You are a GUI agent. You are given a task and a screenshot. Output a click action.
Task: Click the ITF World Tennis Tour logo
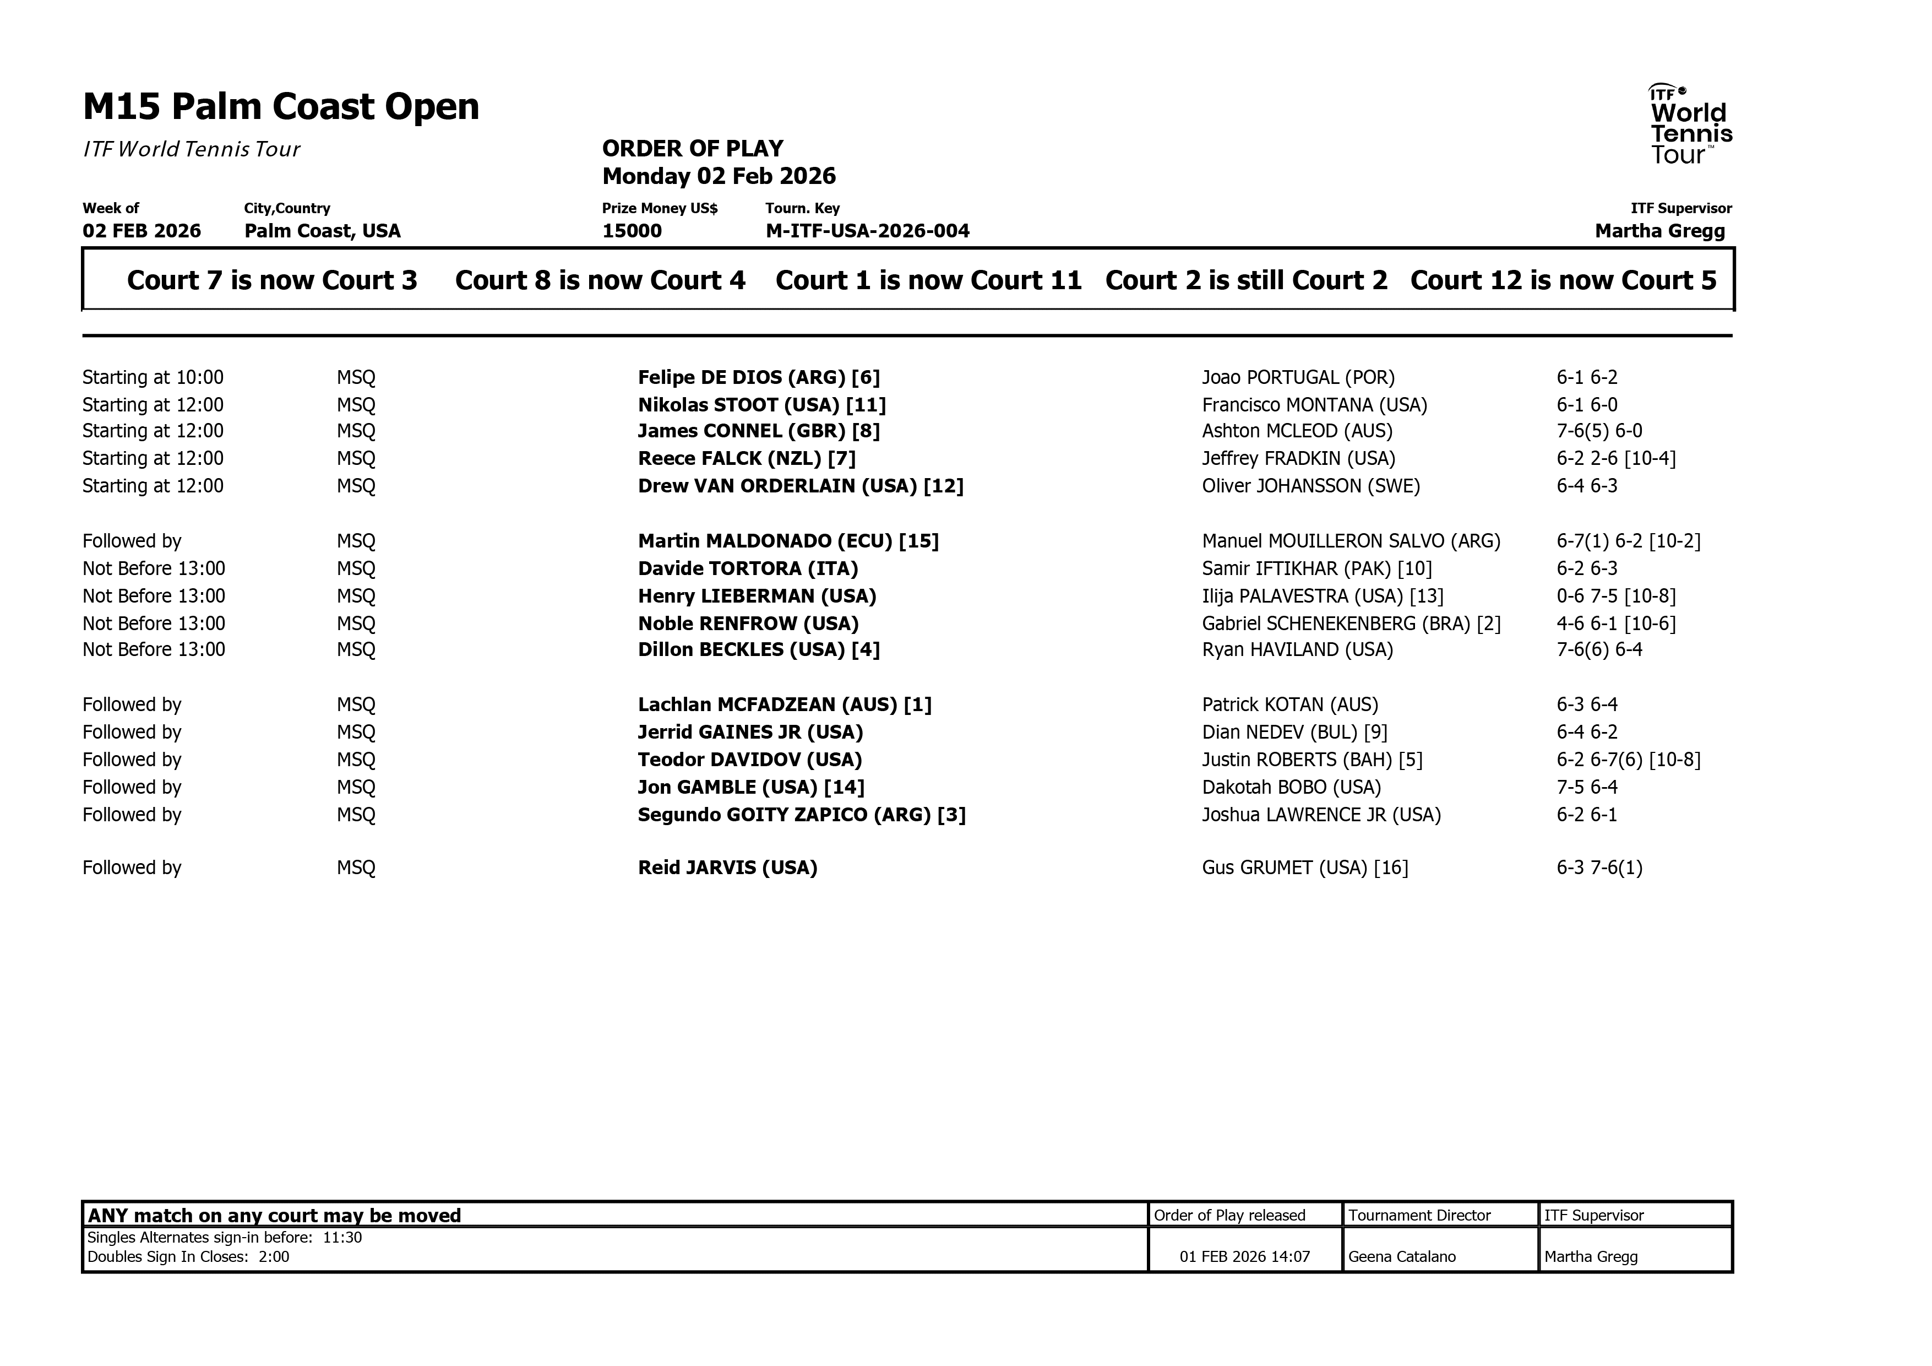pyautogui.click(x=1690, y=124)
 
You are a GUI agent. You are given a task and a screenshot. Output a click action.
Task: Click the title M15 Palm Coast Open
pyautogui.click(x=281, y=107)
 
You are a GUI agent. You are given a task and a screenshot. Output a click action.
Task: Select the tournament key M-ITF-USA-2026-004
pyautogui.click(x=868, y=231)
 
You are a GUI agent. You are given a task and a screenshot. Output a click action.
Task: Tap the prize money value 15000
pyautogui.click(x=632, y=231)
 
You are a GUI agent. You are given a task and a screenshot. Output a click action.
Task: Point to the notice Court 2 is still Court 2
pyautogui.click(x=1246, y=280)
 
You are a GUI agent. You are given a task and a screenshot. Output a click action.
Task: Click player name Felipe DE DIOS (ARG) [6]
pyautogui.click(x=758, y=378)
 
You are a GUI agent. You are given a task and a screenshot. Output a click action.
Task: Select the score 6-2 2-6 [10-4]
pyautogui.click(x=1615, y=459)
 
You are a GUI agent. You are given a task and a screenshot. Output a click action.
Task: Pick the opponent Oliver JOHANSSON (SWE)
pyautogui.click(x=1310, y=486)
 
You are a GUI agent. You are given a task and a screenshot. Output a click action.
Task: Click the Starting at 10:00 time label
pyautogui.click(x=153, y=378)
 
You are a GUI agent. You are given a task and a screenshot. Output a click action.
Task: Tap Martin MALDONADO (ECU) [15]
pyautogui.click(x=787, y=541)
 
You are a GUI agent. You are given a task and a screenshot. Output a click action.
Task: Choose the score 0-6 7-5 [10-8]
pyautogui.click(x=1615, y=597)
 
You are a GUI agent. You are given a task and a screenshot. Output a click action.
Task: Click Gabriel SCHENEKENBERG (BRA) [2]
pyautogui.click(x=1351, y=624)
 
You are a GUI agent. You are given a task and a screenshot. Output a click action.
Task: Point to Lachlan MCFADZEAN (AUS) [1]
pyautogui.click(x=784, y=704)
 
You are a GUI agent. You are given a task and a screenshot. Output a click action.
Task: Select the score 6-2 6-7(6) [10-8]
pyautogui.click(x=1628, y=760)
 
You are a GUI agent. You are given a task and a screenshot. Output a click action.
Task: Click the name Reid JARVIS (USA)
pyautogui.click(x=727, y=868)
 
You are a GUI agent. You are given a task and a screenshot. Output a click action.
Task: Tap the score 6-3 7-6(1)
pyautogui.click(x=1599, y=868)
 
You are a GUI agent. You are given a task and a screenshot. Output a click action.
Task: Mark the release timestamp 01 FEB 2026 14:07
pyautogui.click(x=1244, y=1256)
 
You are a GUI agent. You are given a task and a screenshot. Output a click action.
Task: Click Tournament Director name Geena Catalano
pyautogui.click(x=1402, y=1256)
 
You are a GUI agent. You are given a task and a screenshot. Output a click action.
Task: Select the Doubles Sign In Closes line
pyautogui.click(x=188, y=1256)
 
